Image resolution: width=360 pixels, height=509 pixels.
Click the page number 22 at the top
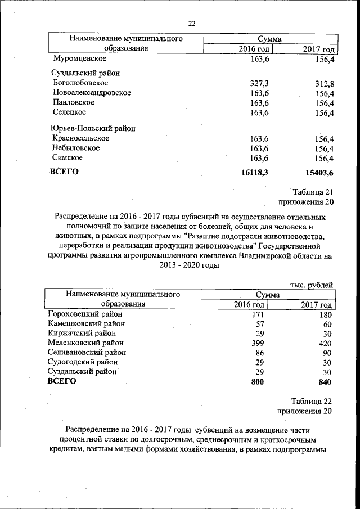click(191, 23)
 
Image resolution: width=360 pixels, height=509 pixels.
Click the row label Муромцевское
click(79, 58)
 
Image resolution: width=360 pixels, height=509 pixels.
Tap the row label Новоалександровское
click(92, 93)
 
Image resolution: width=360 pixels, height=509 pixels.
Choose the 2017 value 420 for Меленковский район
click(325, 343)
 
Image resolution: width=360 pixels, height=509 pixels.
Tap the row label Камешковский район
click(86, 323)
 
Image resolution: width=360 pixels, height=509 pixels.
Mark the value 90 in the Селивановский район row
click(327, 352)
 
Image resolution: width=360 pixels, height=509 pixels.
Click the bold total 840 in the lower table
click(325, 381)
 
